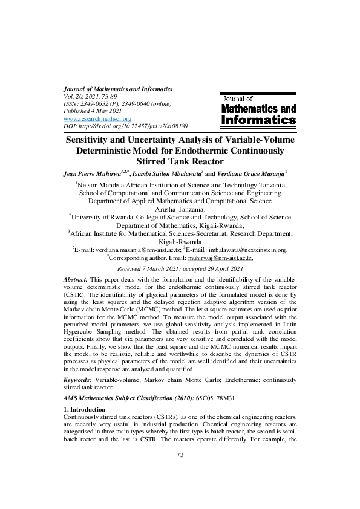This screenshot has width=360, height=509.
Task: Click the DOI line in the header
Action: tap(125, 126)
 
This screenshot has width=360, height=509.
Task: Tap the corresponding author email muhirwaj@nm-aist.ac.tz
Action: tap(222, 257)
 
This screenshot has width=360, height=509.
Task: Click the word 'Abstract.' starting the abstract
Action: tap(75, 281)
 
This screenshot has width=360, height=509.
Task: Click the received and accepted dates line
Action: tap(180, 268)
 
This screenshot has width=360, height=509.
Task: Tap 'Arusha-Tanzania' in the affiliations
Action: tap(180, 209)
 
